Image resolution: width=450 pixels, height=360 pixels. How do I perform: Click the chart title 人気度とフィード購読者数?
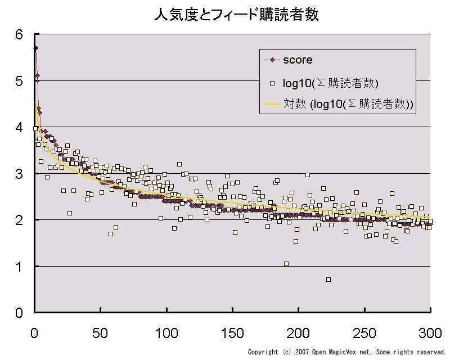coord(236,15)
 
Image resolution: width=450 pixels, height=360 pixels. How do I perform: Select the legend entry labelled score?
coord(298,60)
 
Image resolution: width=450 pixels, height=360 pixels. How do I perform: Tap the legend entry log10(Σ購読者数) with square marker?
coord(331,84)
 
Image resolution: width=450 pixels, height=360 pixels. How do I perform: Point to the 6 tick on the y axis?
coord(19,35)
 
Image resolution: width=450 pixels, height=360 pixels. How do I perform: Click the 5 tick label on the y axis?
coord(19,82)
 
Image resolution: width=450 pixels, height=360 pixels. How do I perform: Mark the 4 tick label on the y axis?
coord(19,128)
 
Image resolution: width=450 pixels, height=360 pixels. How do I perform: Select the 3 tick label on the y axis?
coord(19,174)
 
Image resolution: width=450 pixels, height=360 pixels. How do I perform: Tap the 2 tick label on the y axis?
coord(19,220)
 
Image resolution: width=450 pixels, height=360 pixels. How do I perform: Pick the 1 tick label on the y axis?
coord(19,267)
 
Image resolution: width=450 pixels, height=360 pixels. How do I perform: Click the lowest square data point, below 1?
coord(328,280)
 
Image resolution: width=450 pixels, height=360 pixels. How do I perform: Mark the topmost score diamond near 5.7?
coord(35,48)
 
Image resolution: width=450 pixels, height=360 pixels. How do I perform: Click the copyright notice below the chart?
coord(346,352)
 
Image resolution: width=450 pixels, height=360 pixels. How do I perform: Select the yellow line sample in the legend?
coord(272,104)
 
